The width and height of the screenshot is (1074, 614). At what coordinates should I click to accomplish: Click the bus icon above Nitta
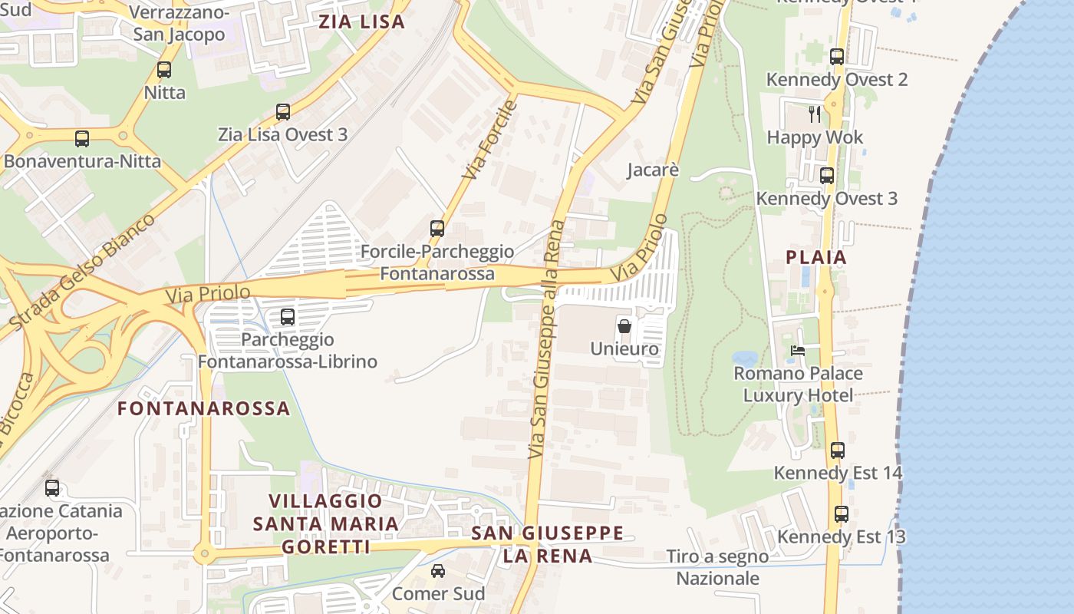(164, 70)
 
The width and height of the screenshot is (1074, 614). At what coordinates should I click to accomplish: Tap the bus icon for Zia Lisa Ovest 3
(283, 112)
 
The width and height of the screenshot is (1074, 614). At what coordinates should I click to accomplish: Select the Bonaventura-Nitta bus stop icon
(82, 139)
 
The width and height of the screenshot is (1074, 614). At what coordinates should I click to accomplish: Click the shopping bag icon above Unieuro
(624, 325)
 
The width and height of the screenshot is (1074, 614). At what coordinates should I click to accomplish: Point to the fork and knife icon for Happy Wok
(815, 114)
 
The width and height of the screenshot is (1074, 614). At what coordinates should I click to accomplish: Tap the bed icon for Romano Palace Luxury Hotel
(798, 351)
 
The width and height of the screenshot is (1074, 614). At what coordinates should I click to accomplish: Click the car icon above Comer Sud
(438, 571)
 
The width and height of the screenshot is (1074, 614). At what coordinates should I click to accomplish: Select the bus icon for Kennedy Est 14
(838, 451)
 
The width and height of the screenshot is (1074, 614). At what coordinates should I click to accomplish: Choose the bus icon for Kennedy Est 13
(842, 514)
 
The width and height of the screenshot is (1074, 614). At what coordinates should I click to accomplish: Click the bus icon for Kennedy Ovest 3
(827, 176)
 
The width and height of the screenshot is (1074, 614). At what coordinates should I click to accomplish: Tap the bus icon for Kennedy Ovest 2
(837, 57)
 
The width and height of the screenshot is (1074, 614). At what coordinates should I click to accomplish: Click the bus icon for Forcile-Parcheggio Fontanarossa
(437, 229)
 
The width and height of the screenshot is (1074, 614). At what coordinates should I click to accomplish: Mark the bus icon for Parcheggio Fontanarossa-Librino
(288, 316)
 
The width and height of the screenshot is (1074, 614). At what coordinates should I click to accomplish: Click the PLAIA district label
(816, 257)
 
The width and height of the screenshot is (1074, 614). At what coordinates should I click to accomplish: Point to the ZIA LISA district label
(361, 21)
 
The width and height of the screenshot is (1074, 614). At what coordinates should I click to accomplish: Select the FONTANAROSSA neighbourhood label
(204, 408)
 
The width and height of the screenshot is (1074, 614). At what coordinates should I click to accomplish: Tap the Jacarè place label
(653, 170)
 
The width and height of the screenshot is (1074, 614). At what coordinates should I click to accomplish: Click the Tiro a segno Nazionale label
(717, 567)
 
